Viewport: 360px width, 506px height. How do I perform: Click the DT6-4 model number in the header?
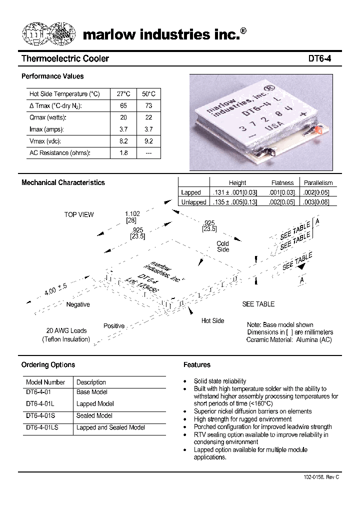tap(319, 59)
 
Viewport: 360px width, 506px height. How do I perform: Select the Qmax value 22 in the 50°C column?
tap(148, 117)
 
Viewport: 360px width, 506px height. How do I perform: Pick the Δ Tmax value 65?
tap(123, 105)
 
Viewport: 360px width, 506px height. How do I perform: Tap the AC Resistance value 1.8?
tap(123, 153)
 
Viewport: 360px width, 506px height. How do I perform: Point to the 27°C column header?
tap(123, 94)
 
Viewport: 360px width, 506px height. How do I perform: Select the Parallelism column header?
tap(318, 183)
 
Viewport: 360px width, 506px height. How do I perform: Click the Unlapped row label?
tap(193, 202)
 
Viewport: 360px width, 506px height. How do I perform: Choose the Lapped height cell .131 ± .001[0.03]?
tap(235, 192)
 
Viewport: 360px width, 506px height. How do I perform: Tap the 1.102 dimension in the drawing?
tap(132, 213)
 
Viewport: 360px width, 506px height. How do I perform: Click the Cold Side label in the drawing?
tap(223, 246)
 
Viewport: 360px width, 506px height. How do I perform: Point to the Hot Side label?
tap(212, 320)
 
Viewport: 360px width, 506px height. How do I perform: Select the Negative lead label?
tap(78, 304)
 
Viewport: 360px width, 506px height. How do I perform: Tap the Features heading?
tap(196, 365)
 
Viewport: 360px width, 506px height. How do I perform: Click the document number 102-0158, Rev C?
tap(321, 477)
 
